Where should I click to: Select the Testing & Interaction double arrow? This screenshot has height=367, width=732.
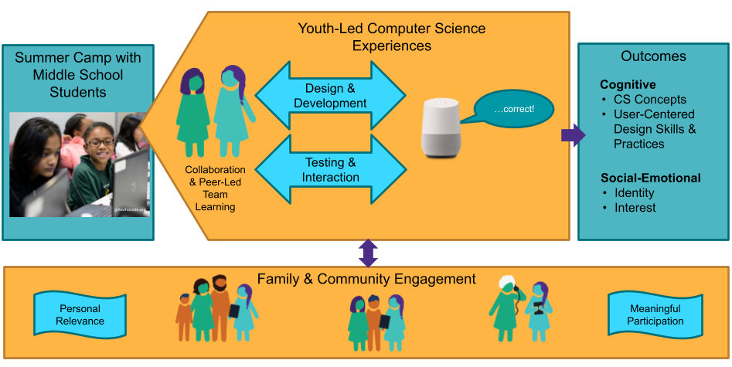coord(330,170)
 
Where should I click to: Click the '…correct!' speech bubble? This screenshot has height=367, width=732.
coord(513,109)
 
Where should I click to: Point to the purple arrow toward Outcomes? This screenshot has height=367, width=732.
coord(572,136)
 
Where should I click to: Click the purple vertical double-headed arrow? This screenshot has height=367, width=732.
coord(368,253)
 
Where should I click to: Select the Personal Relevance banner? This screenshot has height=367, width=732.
coord(80,314)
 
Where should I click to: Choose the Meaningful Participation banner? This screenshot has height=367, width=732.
coord(655,314)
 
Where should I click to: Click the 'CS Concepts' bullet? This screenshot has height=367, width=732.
coord(649,100)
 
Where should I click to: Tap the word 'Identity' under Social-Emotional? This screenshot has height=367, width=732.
coord(634,193)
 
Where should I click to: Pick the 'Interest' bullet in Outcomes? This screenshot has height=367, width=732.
coord(635,208)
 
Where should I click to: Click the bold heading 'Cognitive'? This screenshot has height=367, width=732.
coord(628,85)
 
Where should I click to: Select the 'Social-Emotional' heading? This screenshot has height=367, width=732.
coord(650,178)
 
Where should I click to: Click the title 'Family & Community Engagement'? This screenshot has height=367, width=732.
coord(366,279)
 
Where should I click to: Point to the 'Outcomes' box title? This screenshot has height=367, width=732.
coord(653,56)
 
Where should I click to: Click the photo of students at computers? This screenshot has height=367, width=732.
coord(79,165)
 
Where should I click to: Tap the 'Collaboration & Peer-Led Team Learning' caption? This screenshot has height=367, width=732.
coord(215,189)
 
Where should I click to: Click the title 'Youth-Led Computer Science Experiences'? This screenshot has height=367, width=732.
coord(392,37)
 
